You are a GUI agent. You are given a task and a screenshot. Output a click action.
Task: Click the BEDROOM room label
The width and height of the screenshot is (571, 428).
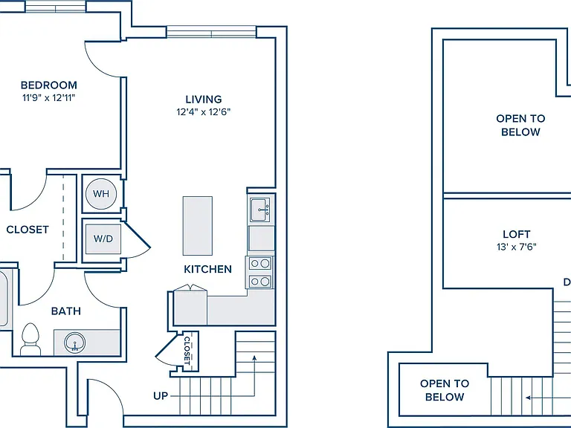[49, 85]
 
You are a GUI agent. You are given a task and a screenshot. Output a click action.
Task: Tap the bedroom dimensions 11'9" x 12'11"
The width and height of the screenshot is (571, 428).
[49, 97]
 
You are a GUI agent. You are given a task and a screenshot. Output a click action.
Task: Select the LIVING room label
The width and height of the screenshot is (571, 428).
[204, 100]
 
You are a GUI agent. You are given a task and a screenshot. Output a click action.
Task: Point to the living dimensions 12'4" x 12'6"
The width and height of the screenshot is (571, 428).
[204, 111]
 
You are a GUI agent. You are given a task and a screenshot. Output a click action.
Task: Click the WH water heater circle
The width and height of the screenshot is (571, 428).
[101, 194]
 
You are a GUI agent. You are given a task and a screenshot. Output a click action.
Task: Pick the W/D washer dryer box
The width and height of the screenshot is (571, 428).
[103, 239]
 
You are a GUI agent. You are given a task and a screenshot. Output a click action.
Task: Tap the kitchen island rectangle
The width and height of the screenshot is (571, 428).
[197, 226]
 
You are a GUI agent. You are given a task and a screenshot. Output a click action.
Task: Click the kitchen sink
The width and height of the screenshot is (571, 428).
[261, 210]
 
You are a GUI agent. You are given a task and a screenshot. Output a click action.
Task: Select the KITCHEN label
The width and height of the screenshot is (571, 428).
[207, 269]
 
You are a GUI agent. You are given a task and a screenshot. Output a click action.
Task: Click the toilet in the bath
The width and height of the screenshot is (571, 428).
[30, 339]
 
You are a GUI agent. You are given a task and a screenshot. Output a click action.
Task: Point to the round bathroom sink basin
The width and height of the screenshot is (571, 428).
[75, 343]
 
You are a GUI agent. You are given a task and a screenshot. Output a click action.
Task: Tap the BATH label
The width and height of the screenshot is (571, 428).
[66, 311]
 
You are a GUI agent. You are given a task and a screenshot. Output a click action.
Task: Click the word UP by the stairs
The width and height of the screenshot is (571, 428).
[161, 396]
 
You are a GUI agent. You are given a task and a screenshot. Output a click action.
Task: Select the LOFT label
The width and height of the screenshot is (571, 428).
[517, 234]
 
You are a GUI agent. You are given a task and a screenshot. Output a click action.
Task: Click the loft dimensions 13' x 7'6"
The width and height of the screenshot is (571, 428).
[517, 247]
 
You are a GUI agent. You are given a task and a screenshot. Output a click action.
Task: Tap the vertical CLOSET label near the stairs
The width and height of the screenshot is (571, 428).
[187, 351]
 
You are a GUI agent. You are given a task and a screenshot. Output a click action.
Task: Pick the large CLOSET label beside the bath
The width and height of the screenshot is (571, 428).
[28, 230]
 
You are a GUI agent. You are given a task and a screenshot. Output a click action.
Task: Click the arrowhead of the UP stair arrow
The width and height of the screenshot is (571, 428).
[254, 358]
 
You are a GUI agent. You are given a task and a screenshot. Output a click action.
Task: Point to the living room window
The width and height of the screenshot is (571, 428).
[212, 32]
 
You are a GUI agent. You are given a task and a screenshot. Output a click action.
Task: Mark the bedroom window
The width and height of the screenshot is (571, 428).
[55, 6]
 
